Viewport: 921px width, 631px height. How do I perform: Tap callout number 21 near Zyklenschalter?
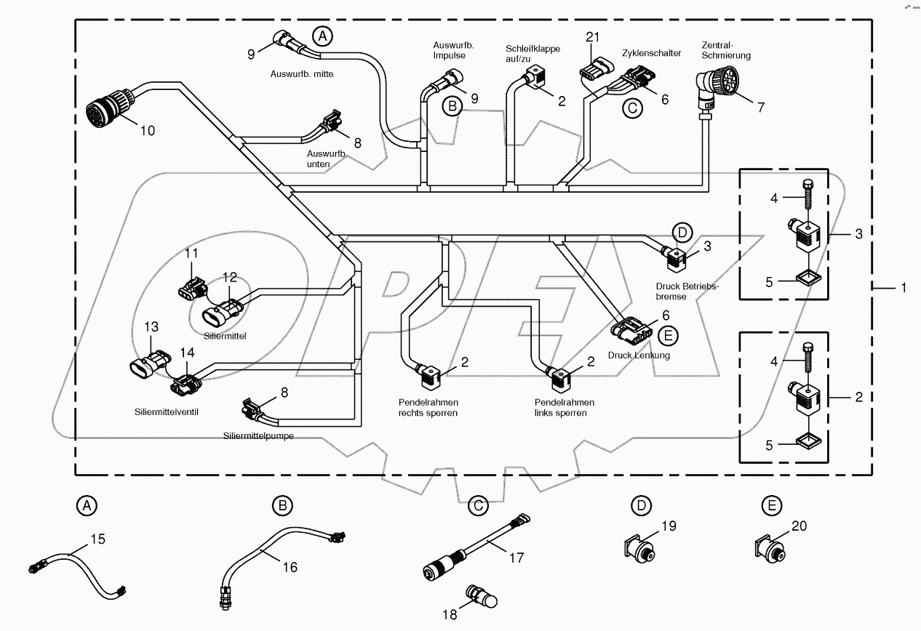point(593,37)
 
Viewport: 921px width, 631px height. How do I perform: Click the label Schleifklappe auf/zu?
point(533,53)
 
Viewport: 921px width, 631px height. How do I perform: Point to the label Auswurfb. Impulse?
point(453,49)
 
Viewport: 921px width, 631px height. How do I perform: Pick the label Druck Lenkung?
point(639,355)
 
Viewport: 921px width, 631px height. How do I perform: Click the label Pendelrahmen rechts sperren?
point(428,408)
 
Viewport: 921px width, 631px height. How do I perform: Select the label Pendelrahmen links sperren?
point(564,408)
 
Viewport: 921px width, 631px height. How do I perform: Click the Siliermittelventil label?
point(167,411)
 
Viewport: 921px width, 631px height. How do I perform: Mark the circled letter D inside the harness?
point(682,233)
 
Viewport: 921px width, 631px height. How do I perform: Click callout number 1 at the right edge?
point(904,288)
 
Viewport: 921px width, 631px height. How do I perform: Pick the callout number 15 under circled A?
point(97,539)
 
